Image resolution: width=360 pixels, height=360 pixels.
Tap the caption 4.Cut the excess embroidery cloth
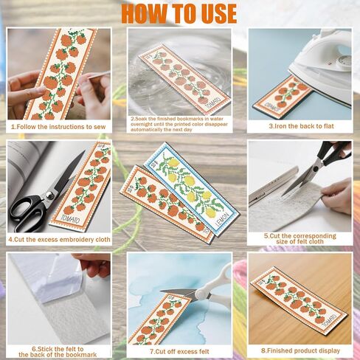point(59,239)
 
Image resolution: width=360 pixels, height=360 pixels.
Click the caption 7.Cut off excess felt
point(179,351)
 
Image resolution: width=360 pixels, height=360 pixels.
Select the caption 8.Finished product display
point(300,351)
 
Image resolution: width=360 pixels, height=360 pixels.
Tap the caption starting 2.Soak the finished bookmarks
point(179,123)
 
